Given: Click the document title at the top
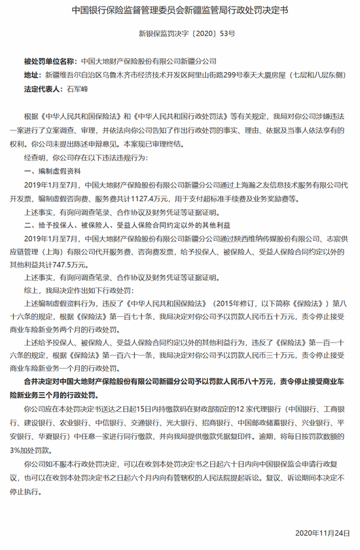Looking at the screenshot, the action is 179,11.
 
